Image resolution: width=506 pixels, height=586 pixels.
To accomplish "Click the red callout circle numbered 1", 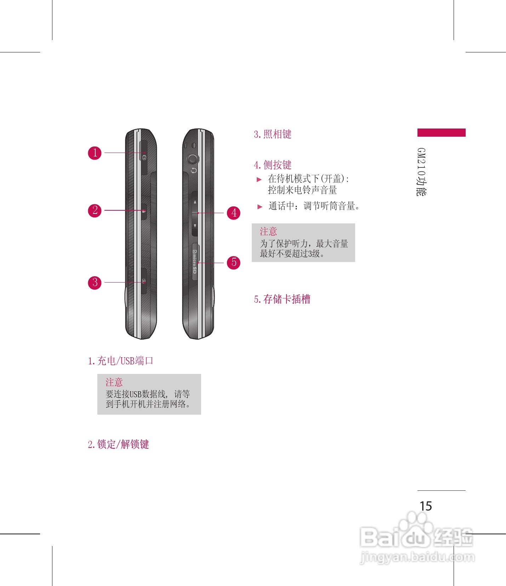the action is [95, 153].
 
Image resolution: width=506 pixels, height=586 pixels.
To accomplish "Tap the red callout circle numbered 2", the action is [95, 210].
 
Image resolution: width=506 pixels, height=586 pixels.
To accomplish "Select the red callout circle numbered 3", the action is [95, 283].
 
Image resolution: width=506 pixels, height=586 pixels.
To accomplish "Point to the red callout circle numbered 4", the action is [234, 213].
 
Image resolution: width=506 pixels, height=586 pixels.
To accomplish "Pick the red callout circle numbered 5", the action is [234, 262].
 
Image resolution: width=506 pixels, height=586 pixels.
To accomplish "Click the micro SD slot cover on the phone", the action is [195, 262].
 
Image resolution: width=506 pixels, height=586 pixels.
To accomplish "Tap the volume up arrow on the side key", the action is [195, 202].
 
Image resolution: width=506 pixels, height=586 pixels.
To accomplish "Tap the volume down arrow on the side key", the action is [195, 226].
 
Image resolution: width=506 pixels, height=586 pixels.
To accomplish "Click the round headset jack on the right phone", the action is [193, 159].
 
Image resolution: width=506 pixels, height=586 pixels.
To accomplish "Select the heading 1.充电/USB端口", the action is [120, 361].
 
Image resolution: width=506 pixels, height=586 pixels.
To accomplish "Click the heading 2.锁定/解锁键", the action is [118, 444].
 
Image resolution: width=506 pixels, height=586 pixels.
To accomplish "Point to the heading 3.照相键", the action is [272, 134].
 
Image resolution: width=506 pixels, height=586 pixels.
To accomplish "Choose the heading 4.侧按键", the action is [272, 165].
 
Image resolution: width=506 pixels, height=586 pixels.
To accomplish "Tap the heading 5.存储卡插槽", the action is [282, 299].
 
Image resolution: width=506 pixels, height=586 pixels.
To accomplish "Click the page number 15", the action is [426, 506].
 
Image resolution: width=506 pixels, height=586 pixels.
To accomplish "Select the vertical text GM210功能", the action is [421, 172].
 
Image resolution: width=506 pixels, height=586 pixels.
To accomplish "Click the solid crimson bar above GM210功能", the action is [441, 132].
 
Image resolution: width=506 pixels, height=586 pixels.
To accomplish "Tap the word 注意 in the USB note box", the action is [114, 382].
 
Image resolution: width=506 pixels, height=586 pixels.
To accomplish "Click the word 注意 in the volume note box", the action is [268, 232].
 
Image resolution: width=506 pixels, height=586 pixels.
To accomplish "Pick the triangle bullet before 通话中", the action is [260, 206].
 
